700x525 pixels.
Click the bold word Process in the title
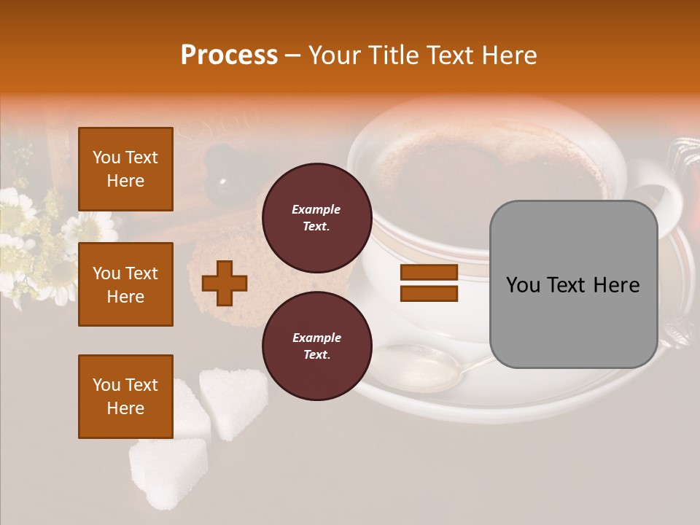click(229, 55)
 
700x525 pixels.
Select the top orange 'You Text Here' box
click(125, 169)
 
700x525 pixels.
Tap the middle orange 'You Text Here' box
click(125, 284)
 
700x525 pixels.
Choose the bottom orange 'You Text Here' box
click(125, 397)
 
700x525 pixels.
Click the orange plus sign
click(224, 283)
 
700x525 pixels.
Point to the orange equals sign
click(429, 283)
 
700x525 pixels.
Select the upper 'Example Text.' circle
click(316, 217)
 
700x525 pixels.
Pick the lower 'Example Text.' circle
click(316, 346)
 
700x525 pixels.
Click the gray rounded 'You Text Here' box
click(573, 284)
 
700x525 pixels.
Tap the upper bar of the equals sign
click(429, 273)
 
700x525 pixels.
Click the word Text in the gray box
click(573, 284)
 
